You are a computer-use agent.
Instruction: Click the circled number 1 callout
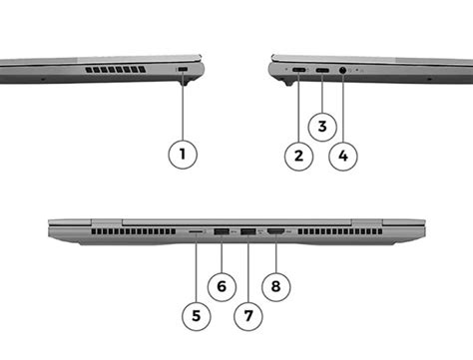(183, 155)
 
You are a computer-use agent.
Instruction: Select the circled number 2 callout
(296, 155)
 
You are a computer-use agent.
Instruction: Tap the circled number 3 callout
(321, 127)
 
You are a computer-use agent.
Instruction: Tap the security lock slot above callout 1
(184, 69)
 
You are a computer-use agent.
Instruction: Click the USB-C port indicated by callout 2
(298, 71)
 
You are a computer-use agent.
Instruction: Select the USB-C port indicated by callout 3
(322, 71)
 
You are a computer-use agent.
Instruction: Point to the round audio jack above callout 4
(344, 71)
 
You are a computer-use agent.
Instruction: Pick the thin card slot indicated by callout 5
(196, 233)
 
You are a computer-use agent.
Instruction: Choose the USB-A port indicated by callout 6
(222, 233)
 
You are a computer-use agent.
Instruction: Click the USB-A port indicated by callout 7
(246, 233)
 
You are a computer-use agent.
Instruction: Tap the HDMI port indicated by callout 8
(274, 233)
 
